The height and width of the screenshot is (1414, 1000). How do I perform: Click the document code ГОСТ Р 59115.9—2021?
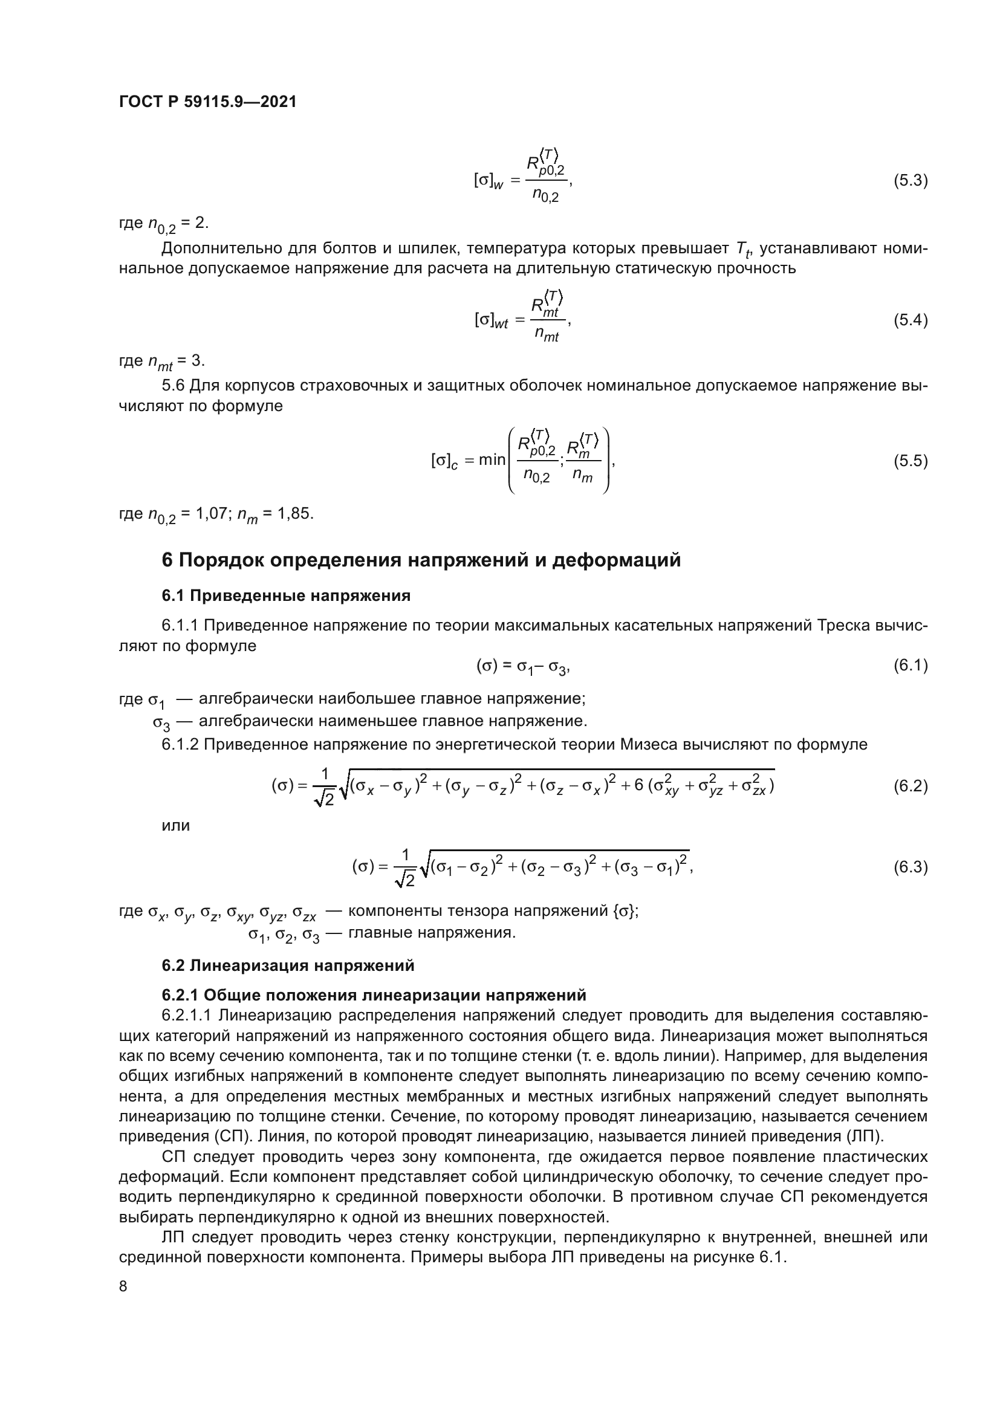click(x=207, y=102)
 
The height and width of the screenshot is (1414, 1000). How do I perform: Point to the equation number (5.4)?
click(x=910, y=320)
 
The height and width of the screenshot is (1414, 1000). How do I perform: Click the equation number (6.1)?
click(x=910, y=665)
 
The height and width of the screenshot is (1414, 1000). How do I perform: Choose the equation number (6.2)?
click(x=910, y=786)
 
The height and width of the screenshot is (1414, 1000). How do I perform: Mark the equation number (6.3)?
click(x=910, y=867)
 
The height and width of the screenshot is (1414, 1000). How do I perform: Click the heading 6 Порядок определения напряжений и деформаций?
click(x=421, y=560)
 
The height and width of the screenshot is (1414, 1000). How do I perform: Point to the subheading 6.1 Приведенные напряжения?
click(x=286, y=595)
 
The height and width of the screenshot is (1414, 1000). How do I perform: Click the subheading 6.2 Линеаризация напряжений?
click(x=288, y=965)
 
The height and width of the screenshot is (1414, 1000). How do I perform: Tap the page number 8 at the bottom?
click(x=123, y=1286)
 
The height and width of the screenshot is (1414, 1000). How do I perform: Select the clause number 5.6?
click(x=173, y=386)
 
